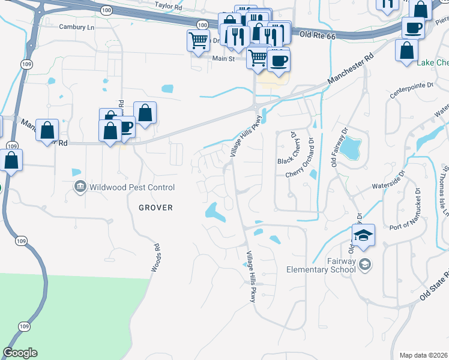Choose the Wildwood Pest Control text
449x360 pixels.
(x=132, y=188)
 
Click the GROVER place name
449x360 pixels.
(x=155, y=208)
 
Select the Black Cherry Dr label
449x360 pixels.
(x=294, y=148)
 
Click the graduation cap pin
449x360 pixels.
(x=363, y=235)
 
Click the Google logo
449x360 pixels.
(x=20, y=353)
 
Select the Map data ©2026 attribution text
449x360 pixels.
(x=424, y=355)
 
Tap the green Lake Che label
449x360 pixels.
(x=432, y=63)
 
